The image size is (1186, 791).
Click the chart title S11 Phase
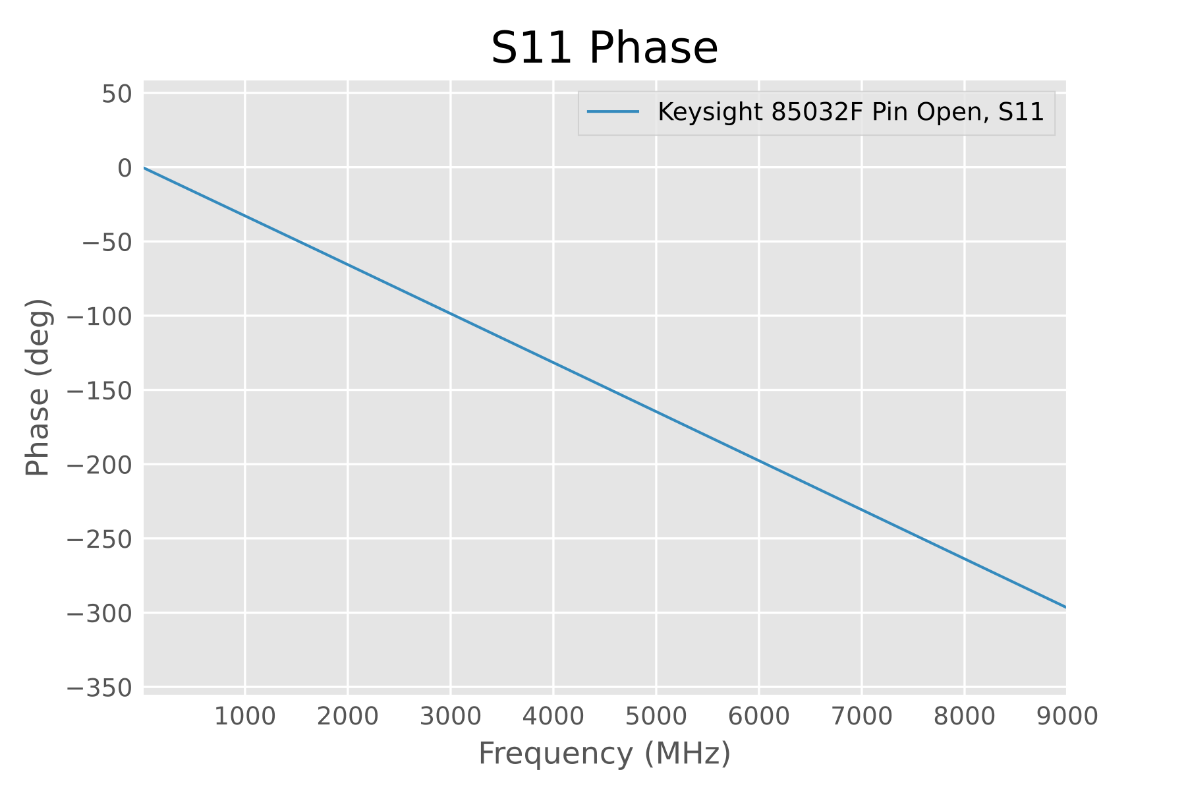(x=604, y=48)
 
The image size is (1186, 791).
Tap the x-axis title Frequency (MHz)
(x=604, y=753)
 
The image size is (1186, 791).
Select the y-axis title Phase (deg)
(x=38, y=388)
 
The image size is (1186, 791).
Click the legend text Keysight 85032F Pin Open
(x=850, y=113)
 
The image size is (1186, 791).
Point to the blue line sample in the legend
(x=613, y=113)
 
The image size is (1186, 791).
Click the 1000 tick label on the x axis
(x=244, y=716)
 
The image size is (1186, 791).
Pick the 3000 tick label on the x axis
(x=450, y=716)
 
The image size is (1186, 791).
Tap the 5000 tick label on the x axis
(x=656, y=716)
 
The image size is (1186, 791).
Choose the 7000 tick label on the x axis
(x=861, y=716)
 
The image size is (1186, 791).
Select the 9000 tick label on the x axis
(x=1067, y=716)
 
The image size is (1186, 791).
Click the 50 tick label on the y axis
(x=117, y=94)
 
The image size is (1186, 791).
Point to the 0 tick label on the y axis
(x=125, y=169)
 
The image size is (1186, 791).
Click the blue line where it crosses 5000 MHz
(x=656, y=412)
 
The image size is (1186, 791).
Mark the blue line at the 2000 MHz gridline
(x=347, y=264)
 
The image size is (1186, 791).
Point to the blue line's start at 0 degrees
(x=145, y=168)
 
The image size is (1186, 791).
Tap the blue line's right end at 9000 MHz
(x=1065, y=606)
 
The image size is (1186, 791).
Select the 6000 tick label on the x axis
(x=758, y=716)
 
